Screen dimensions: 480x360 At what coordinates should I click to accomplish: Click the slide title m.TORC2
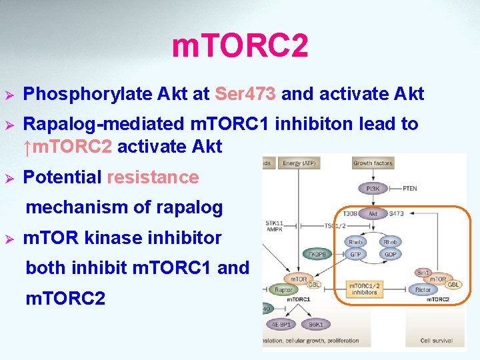240,46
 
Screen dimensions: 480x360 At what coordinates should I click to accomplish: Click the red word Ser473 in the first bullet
246,94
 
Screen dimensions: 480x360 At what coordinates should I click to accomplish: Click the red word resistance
153,177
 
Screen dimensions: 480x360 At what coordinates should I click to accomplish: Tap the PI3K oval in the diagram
371,189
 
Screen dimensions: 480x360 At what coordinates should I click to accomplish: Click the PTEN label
409,189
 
